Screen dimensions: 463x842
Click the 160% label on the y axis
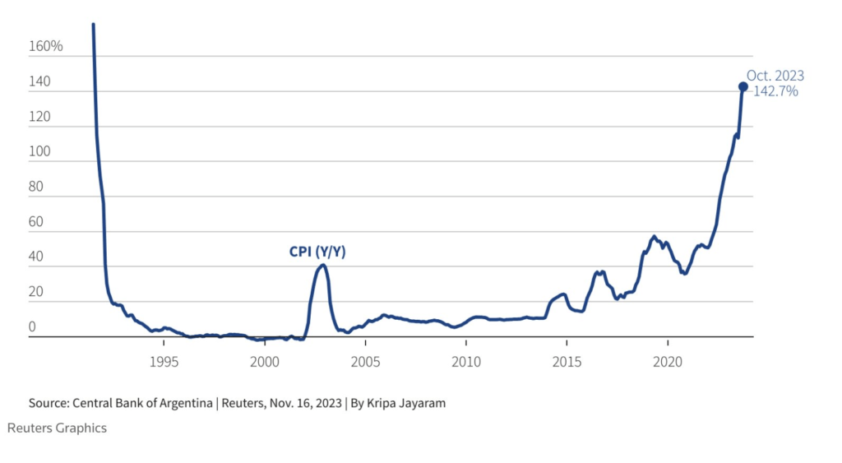pos(45,46)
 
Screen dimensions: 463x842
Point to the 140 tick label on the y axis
pos(39,81)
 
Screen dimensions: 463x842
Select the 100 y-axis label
pos(39,152)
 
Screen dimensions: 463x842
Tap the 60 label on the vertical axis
pos(36,222)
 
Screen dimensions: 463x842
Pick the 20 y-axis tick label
pos(36,293)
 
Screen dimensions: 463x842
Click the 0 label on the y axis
pos(33,327)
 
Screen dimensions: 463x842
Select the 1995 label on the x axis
pos(164,362)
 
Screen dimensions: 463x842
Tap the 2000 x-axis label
pos(265,362)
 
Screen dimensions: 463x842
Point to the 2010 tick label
pos(466,362)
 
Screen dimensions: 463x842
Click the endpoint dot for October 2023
pos(743,86)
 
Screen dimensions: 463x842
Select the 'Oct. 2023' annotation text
pos(775,76)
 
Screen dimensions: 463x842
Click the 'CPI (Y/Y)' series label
pos(317,252)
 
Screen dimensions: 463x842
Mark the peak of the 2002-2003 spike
pos(322,265)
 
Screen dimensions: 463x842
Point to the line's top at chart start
pos(93,25)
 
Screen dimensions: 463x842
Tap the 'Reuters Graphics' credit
pos(57,428)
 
